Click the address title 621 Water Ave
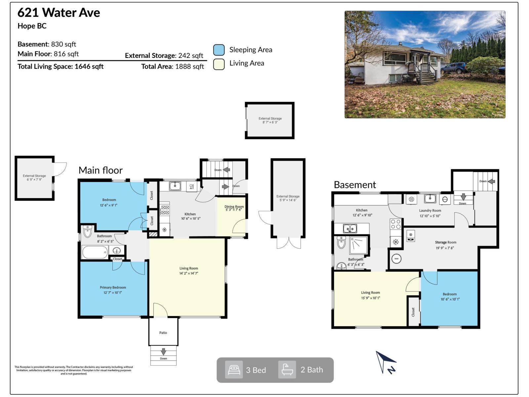[59, 13]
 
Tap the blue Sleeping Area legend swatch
[219, 50]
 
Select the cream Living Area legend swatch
[219, 64]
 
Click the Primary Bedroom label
[113, 287]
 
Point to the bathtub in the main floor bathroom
[95, 252]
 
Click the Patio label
[163, 332]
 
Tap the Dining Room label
[234, 206]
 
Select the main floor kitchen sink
[175, 186]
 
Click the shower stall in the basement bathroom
[358, 245]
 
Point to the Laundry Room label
[430, 210]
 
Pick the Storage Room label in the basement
[446, 242]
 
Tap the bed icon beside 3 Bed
[234, 370]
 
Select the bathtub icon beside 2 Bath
[287, 370]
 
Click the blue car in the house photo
[453, 68]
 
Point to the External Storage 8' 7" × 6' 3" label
[270, 120]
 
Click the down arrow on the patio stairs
[163, 352]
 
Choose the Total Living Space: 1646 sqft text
[61, 66]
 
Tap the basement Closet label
[413, 312]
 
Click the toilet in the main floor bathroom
[87, 232]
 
